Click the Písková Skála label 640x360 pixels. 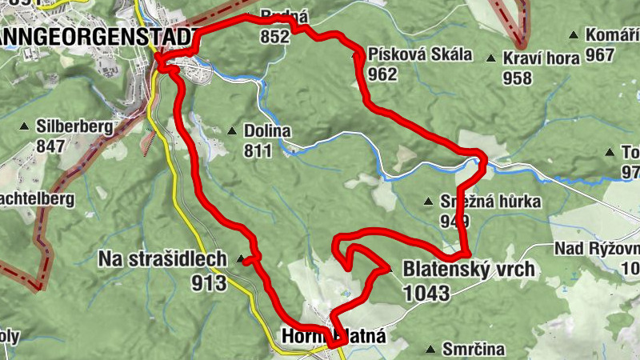[421, 55]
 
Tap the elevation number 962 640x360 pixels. [384, 74]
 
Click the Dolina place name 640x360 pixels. [268, 131]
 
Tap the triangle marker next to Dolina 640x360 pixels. [233, 131]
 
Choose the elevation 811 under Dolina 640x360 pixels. [259, 150]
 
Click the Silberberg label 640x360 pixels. [73, 126]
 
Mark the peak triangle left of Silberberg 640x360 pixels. [25, 126]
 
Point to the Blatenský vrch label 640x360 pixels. [469, 270]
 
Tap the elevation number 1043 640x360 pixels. [426, 293]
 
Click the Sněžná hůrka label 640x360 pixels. [491, 202]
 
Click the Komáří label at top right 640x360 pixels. [613, 35]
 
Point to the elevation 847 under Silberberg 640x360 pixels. [50, 146]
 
